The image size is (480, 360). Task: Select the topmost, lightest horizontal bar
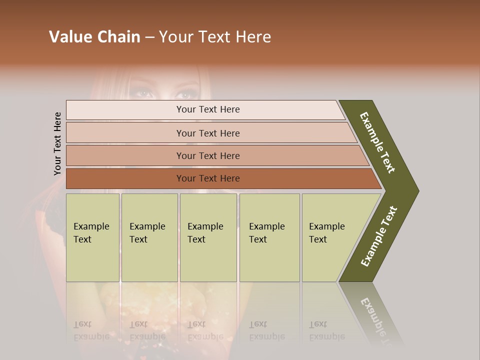[x=205, y=109]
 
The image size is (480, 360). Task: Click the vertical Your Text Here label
[x=57, y=143]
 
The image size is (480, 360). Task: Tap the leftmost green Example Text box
[x=92, y=237]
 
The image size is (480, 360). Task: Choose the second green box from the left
[x=149, y=237]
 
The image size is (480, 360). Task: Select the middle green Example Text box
[x=208, y=237]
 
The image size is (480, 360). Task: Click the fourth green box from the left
[x=269, y=237]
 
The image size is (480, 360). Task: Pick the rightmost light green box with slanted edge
[x=330, y=237]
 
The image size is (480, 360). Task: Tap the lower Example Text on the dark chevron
[x=379, y=236]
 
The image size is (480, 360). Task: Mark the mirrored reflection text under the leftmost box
[x=91, y=330]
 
